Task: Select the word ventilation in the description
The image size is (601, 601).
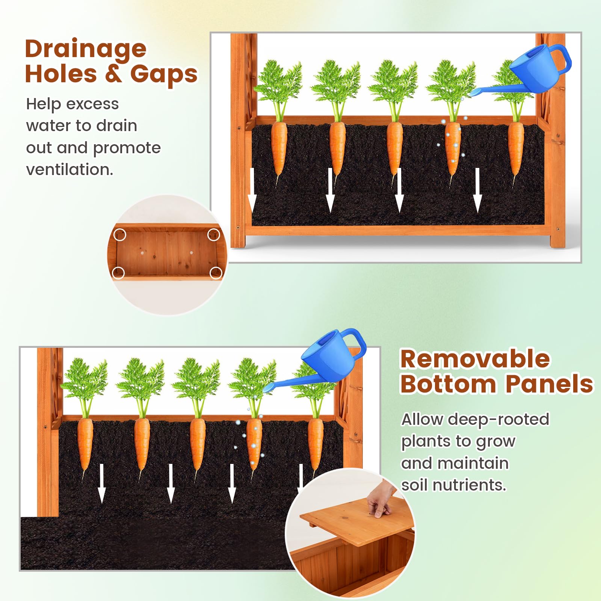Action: (x=69, y=169)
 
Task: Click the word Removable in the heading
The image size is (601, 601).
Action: (x=475, y=359)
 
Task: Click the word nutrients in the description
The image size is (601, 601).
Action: (x=469, y=485)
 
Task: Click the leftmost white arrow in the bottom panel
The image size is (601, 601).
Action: (x=102, y=484)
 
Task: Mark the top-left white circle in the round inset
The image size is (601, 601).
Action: (x=120, y=235)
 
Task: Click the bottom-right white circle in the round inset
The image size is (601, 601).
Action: (x=216, y=273)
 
